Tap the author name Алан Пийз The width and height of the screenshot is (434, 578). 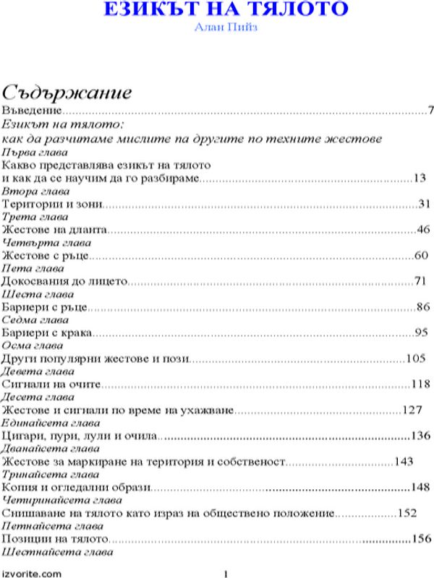pyautogui.click(x=216, y=27)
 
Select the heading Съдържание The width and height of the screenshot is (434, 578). pyautogui.click(x=67, y=92)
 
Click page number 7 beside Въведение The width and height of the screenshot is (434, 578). pyautogui.click(x=430, y=111)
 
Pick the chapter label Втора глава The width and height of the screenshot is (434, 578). pyautogui.click(x=36, y=191)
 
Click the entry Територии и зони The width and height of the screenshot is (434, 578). pyautogui.click(x=51, y=204)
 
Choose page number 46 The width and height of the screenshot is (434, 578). pyautogui.click(x=424, y=230)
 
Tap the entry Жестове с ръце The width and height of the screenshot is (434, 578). pyautogui.click(x=45, y=256)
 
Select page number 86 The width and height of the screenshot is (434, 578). pyautogui.click(x=423, y=307)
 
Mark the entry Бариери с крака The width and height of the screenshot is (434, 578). pyautogui.click(x=48, y=333)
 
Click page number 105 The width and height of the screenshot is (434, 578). pyautogui.click(x=417, y=358)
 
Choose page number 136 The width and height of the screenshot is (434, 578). pyautogui.click(x=420, y=436)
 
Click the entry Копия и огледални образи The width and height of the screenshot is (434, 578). pyautogui.click(x=75, y=487)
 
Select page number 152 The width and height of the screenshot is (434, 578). pyautogui.click(x=407, y=513)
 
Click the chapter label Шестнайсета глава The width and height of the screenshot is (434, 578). pyautogui.click(x=58, y=552)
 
